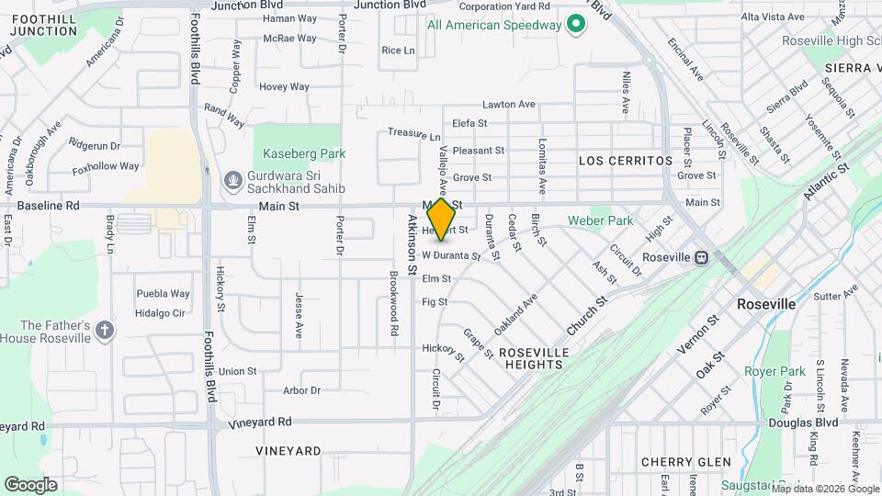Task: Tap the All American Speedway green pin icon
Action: point(576,25)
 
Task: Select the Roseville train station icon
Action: point(701,257)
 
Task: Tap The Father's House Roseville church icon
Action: point(106,330)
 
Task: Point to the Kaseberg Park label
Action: point(303,153)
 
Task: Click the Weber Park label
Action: point(600,220)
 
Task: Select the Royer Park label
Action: point(775,372)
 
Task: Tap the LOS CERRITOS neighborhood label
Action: point(626,161)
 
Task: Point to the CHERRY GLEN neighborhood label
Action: point(685,462)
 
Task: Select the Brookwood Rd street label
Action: point(393,302)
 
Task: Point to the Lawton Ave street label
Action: point(508,105)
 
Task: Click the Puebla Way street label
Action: point(163,294)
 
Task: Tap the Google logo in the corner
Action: point(30,484)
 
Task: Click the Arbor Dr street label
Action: point(301,390)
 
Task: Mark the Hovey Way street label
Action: point(284,86)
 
